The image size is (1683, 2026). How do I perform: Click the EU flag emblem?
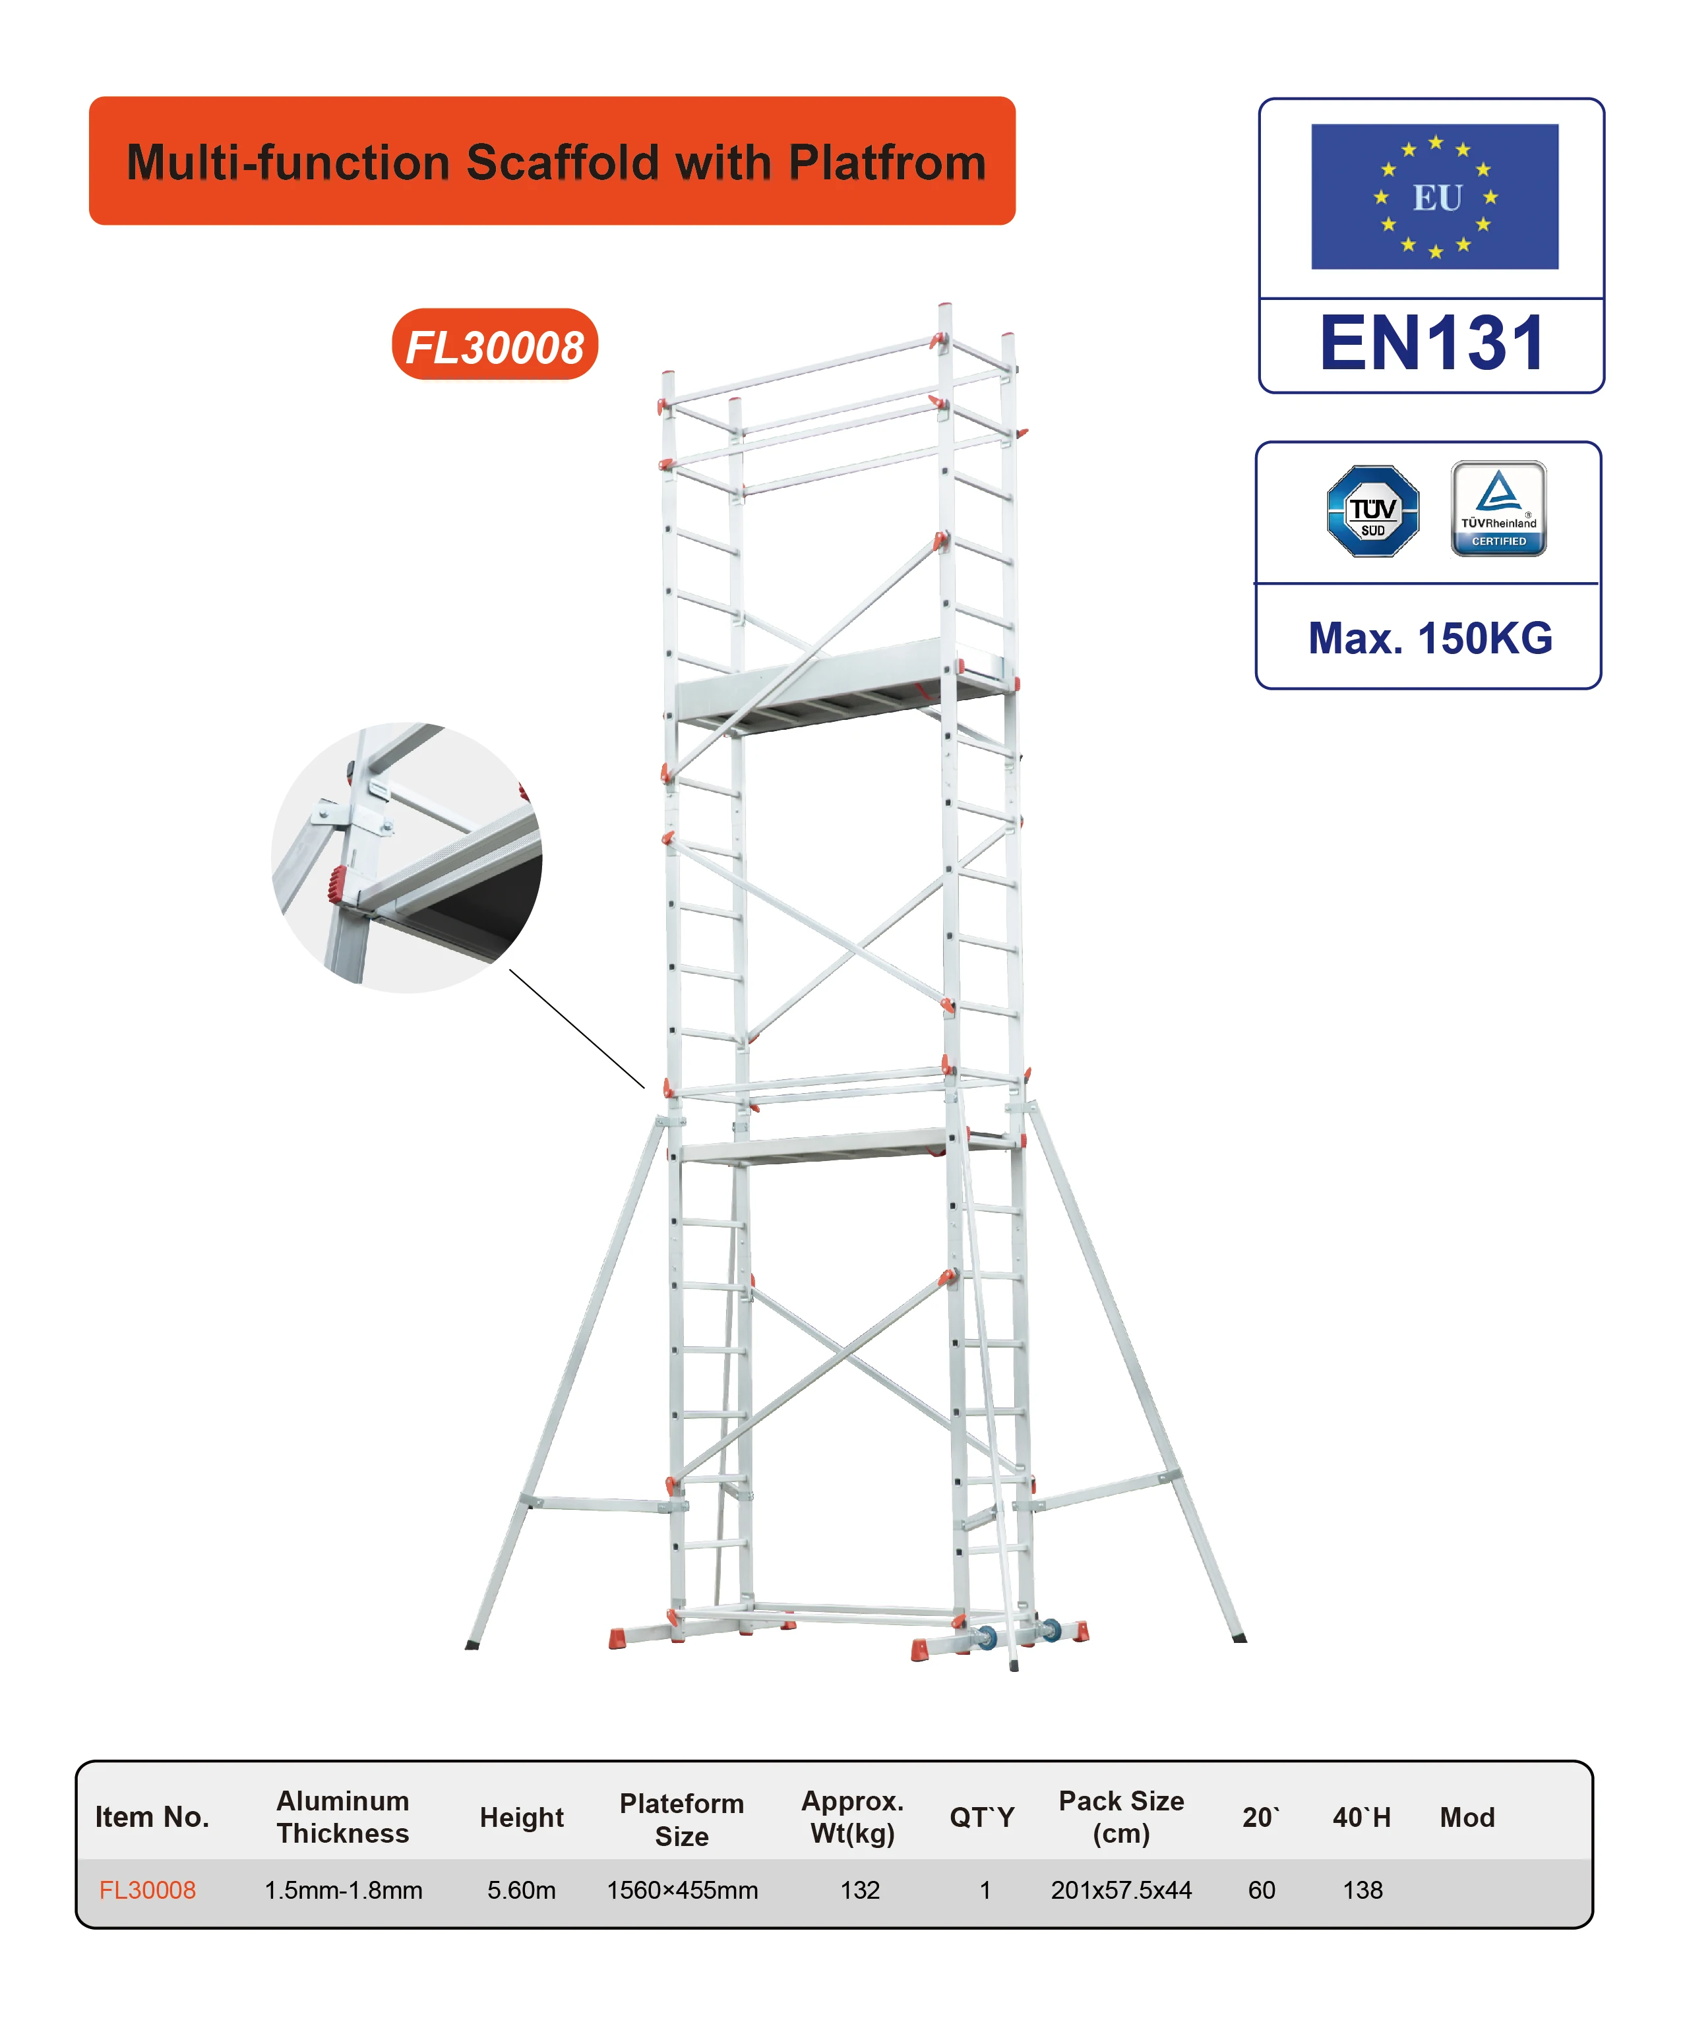point(1434,197)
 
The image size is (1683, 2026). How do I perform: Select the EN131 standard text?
point(1432,343)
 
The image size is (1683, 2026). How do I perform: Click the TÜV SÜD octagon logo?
point(1372,512)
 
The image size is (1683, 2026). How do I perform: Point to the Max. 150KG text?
point(1430,639)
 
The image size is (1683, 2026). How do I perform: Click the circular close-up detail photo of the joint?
point(406,858)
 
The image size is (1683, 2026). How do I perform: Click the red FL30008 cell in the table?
point(148,1890)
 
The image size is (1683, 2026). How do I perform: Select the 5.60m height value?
point(521,1890)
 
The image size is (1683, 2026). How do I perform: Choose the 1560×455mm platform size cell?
point(683,1890)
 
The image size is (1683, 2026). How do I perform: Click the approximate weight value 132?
point(860,1890)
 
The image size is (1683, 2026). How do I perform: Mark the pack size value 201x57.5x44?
point(1121,1890)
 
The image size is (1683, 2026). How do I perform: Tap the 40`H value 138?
point(1362,1890)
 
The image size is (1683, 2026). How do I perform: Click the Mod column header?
point(1467,1818)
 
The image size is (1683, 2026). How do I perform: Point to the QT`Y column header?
point(981,1818)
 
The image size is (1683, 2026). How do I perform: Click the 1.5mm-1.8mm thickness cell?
point(344,1890)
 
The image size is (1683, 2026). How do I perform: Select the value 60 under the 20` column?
point(1262,1890)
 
